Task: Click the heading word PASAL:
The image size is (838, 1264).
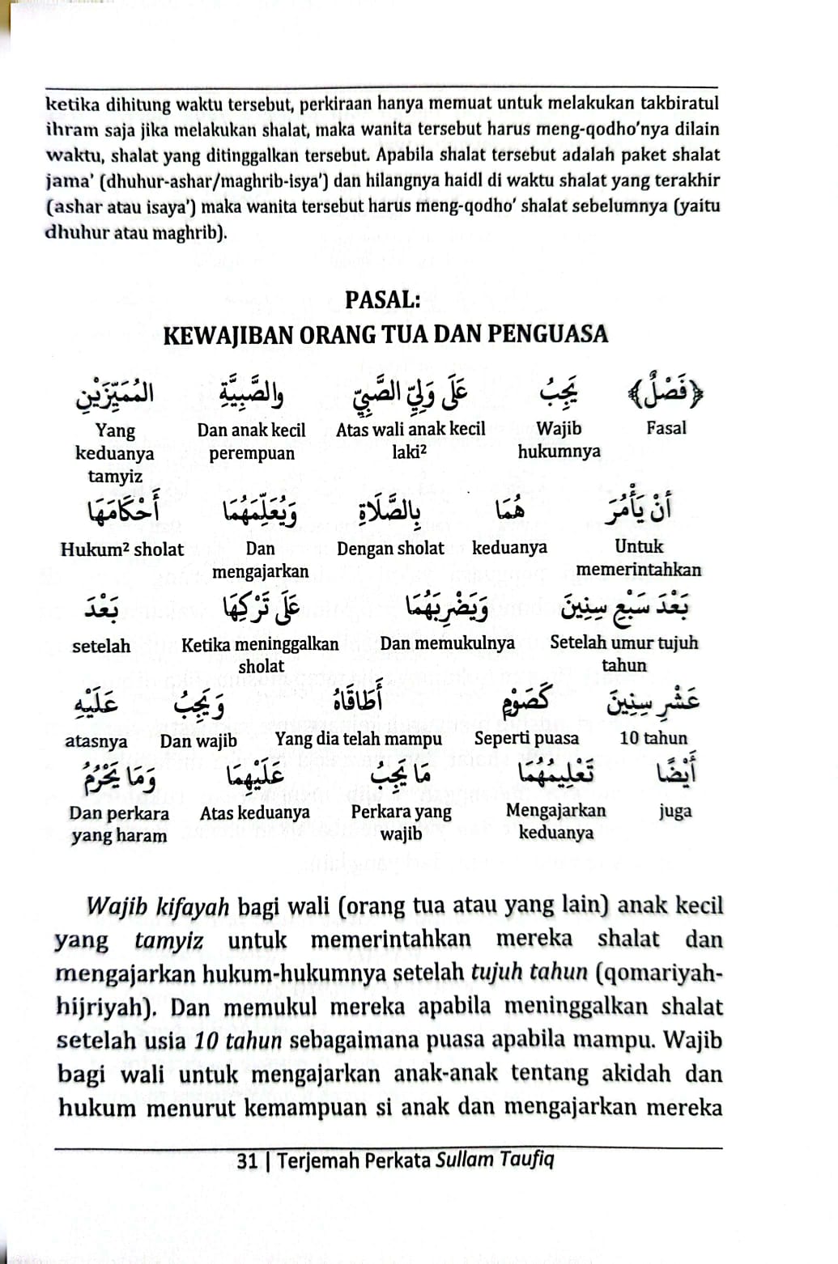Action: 382,299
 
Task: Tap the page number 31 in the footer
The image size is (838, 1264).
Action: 247,1161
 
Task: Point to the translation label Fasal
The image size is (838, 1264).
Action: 666,428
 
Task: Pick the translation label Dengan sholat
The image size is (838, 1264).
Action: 390,548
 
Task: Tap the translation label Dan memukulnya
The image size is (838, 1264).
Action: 447,643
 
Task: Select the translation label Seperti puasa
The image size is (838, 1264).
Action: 526,738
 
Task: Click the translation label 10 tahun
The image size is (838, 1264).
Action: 653,738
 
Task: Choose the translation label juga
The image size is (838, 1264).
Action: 675,811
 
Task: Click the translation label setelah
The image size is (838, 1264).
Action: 101,646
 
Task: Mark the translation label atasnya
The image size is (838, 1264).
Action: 96,740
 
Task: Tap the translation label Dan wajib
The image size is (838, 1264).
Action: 198,740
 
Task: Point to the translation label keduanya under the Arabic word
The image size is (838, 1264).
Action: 509,548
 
